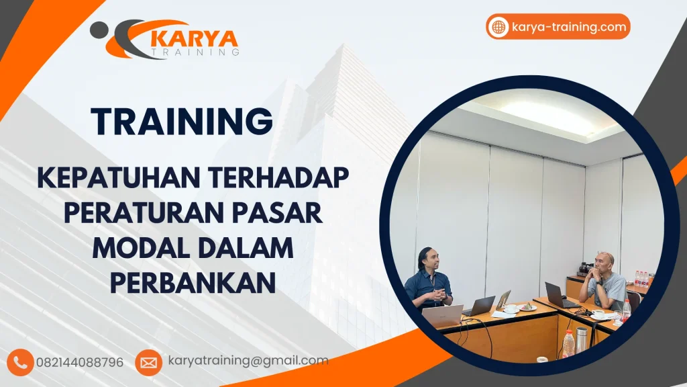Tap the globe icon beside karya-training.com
click(498, 27)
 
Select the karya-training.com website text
click(568, 28)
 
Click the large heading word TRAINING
click(182, 122)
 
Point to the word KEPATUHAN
click(117, 178)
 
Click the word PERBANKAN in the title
click(193, 282)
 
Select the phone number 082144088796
click(85, 362)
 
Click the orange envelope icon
click(148, 362)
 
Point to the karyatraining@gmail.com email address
click(248, 361)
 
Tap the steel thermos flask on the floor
click(581, 340)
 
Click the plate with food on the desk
click(527, 307)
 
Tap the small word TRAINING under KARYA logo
click(195, 52)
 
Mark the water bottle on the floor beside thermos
click(568, 343)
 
